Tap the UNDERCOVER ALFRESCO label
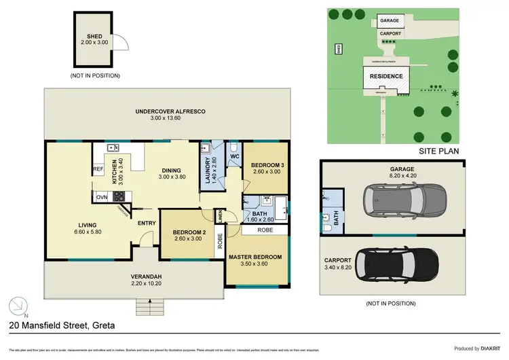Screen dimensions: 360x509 (170, 111)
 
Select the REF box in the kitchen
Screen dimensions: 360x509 (98, 169)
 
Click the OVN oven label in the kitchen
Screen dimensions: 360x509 (101, 197)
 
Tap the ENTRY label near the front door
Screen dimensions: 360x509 (147, 223)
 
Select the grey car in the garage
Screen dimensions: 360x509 (401, 199)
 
